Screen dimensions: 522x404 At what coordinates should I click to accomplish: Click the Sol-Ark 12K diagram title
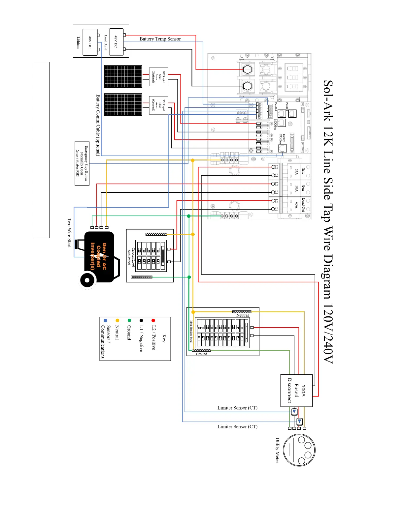pyautogui.click(x=328, y=221)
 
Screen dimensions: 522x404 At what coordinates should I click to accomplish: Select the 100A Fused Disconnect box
pyautogui.click(x=296, y=390)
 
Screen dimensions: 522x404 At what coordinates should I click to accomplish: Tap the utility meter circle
pyautogui.click(x=299, y=450)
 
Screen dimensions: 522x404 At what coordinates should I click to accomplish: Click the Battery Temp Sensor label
pyautogui.click(x=160, y=39)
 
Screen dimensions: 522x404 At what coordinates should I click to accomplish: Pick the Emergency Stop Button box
pyautogui.click(x=82, y=163)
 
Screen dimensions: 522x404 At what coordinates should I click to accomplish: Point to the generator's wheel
pyautogui.click(x=87, y=280)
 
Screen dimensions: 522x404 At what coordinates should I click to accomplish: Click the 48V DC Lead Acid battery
pyautogui.click(x=116, y=42)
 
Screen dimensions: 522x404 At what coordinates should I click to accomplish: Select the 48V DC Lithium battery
pyautogui.click(x=90, y=42)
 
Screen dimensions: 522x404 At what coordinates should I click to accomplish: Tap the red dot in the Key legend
pyautogui.click(x=153, y=320)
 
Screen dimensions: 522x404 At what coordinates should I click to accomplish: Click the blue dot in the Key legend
pyautogui.click(x=105, y=320)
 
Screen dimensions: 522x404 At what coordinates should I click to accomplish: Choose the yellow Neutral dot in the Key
pyautogui.click(x=117, y=320)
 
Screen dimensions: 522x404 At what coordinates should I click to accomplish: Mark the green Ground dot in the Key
pyautogui.click(x=129, y=320)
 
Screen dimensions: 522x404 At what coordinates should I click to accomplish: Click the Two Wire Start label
pyautogui.click(x=69, y=233)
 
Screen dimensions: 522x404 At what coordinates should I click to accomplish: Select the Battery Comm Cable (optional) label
pyautogui.click(x=98, y=125)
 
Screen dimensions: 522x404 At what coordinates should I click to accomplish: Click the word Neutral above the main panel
pyautogui.click(x=242, y=315)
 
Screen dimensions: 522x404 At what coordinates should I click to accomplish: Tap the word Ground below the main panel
pyautogui.click(x=201, y=354)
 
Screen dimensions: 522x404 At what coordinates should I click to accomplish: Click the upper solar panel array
pyautogui.click(x=123, y=76)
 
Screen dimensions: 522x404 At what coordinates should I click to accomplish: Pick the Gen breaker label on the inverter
pyautogui.click(x=303, y=188)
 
